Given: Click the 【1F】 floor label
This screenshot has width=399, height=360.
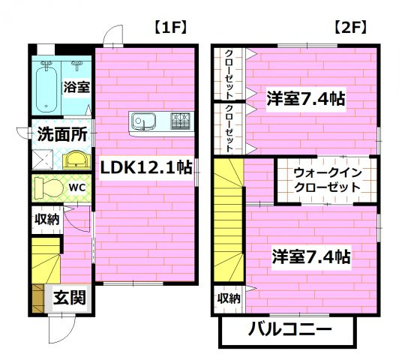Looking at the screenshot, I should pyautogui.click(x=169, y=27).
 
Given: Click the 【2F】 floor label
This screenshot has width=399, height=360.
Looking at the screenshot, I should pyautogui.click(x=349, y=27).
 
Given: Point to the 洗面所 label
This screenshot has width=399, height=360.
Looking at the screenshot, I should pyautogui.click(x=61, y=135).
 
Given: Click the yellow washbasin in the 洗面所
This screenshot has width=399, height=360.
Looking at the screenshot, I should pyautogui.click(x=75, y=159).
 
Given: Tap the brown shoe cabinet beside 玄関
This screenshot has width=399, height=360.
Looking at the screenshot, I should pyautogui.click(x=37, y=296).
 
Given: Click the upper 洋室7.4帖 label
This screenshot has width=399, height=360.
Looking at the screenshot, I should pyautogui.click(x=306, y=98).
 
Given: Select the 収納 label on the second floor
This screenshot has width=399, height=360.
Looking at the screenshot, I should pyautogui.click(x=229, y=298).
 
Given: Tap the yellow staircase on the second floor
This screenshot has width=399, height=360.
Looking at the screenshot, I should pyautogui.click(x=229, y=225).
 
